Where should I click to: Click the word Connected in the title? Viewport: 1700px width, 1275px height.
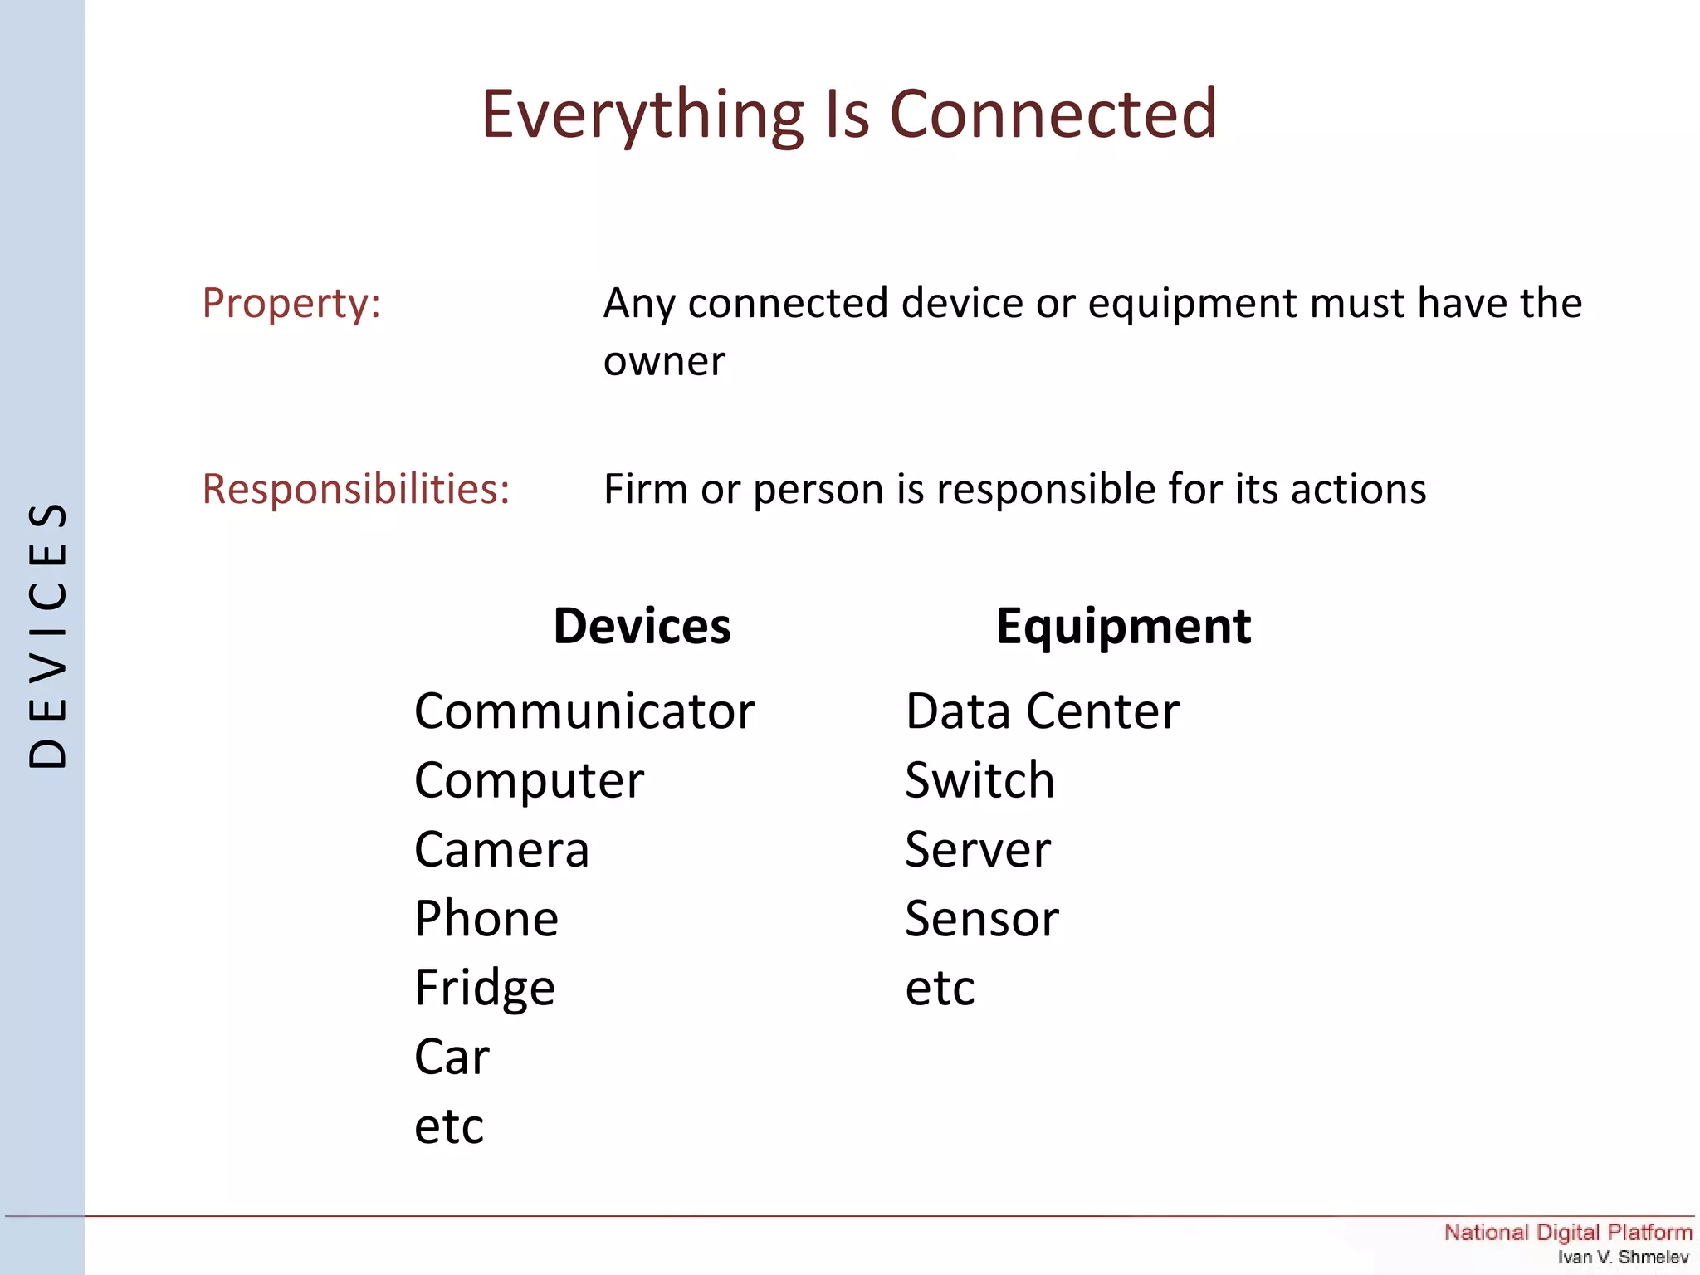(x=1053, y=114)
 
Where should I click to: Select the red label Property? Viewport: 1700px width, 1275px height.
(x=291, y=303)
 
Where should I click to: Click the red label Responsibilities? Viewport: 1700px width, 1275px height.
(x=356, y=489)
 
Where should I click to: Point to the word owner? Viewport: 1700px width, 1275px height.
(x=664, y=362)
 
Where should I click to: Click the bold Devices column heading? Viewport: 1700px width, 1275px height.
(x=642, y=626)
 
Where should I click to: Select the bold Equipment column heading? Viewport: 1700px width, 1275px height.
(x=1123, y=626)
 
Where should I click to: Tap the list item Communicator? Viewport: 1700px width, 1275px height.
(x=584, y=712)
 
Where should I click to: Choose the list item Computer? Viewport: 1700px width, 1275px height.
(x=529, y=781)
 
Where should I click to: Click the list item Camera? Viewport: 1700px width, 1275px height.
(x=501, y=850)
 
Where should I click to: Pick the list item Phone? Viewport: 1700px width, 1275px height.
(x=486, y=919)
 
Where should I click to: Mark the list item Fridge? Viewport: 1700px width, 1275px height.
(x=485, y=989)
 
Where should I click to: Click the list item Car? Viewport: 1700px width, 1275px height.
(x=452, y=1058)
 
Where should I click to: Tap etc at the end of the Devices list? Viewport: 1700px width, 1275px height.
(x=448, y=1127)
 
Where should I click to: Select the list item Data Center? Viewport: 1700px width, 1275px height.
(x=1042, y=712)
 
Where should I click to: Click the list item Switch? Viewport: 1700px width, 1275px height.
(x=979, y=781)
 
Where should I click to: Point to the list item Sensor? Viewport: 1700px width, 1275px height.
(x=981, y=919)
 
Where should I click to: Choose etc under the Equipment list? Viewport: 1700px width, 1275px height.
(x=940, y=989)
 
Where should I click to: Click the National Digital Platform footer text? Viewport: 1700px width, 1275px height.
(x=1567, y=1233)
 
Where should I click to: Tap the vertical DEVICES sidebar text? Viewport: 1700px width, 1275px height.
(x=47, y=636)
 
